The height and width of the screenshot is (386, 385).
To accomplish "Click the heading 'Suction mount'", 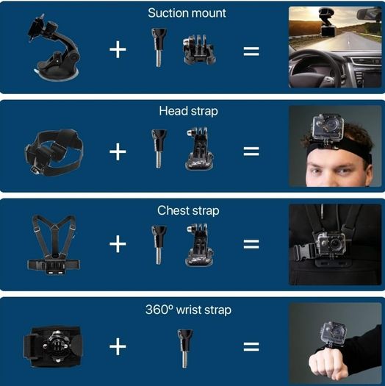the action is click(x=187, y=13).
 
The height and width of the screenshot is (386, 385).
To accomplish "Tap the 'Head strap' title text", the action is click(x=188, y=111).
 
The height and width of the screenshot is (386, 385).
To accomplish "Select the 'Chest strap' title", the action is click(x=188, y=211).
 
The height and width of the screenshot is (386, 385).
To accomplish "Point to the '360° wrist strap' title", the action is click(x=188, y=310).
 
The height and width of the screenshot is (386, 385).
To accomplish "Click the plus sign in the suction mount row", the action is click(x=118, y=49).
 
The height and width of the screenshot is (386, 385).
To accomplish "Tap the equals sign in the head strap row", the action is click(x=251, y=151).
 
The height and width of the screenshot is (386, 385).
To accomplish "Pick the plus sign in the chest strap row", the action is click(x=118, y=243).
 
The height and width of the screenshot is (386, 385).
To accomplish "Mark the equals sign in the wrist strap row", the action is click(x=251, y=346).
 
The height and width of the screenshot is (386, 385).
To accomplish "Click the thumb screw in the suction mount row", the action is click(x=159, y=47).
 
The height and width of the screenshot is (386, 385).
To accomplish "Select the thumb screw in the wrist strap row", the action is click(x=185, y=349).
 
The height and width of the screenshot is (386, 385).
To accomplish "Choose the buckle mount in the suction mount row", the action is click(x=199, y=50).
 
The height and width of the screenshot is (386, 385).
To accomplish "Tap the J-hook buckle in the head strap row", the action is click(x=199, y=149).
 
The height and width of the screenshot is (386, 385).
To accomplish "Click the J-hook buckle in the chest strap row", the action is click(x=199, y=245).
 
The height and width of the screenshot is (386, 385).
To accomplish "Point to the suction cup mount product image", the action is click(x=54, y=48).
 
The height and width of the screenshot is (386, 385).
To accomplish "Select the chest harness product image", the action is click(x=54, y=245).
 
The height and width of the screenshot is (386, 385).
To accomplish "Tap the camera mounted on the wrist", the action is click(x=334, y=334).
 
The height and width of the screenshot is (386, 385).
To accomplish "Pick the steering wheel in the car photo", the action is click(x=315, y=70).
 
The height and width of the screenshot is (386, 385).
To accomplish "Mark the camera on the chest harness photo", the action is click(x=331, y=243).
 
